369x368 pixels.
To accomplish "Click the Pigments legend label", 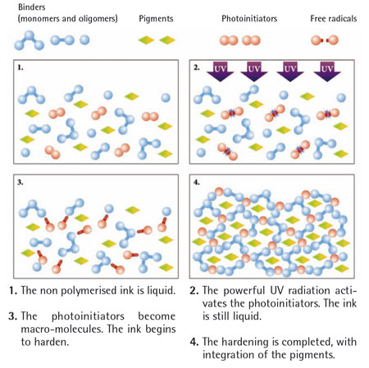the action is coord(156,19).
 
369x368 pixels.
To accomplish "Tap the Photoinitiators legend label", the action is coord(249,19).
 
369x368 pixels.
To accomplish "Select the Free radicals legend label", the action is coord(333,19).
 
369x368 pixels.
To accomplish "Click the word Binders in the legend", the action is coord(32,7).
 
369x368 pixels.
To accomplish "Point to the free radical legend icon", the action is coord(325,40).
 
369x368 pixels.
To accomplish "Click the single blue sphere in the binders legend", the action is coord(84,40).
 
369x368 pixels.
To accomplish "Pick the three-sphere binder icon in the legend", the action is coord(29,40).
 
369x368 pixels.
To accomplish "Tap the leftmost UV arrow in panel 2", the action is coord(220,71).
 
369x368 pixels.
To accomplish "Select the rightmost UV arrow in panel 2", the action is coord(327,71).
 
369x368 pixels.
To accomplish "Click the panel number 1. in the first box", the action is coord(20,67).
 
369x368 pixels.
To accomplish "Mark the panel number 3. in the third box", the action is coord(20,182).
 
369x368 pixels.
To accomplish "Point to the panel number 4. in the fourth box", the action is coord(197,182).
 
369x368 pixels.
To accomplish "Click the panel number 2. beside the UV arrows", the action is coord(197,67).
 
